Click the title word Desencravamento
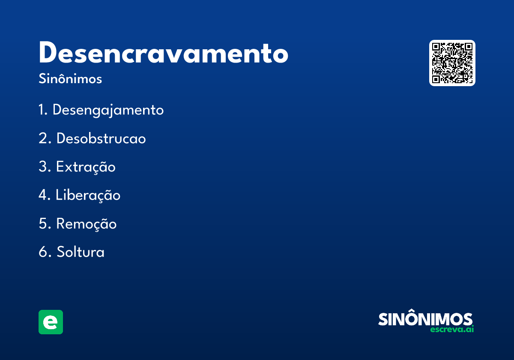point(163,53)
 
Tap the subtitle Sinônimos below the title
point(70,79)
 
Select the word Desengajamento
point(108,110)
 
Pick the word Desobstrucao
point(101,139)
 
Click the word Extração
point(86,167)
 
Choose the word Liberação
point(88,195)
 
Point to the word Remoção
point(86,224)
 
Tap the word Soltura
point(81,252)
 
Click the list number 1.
point(42,110)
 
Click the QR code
point(452,63)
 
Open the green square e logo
point(51,322)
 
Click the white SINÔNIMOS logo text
point(425,319)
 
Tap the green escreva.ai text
point(452,330)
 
